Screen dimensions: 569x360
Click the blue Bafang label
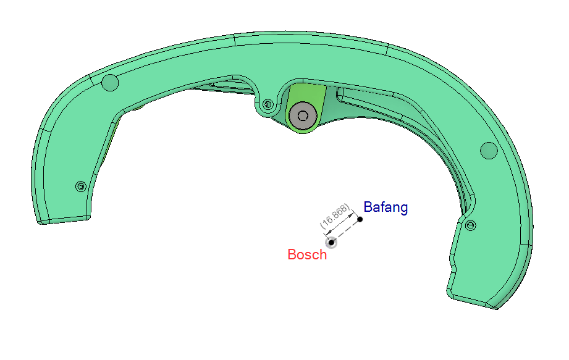click(x=386, y=207)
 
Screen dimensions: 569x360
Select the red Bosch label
click(x=307, y=254)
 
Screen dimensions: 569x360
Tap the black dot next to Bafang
click(x=360, y=219)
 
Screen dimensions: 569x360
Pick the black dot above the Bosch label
click(x=331, y=243)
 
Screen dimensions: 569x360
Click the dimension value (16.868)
click(x=335, y=216)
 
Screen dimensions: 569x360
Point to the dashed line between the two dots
click(x=345, y=231)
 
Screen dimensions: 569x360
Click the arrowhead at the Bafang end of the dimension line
click(x=352, y=216)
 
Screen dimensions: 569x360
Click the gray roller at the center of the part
click(x=303, y=115)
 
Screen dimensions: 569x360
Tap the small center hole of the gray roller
click(x=303, y=116)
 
